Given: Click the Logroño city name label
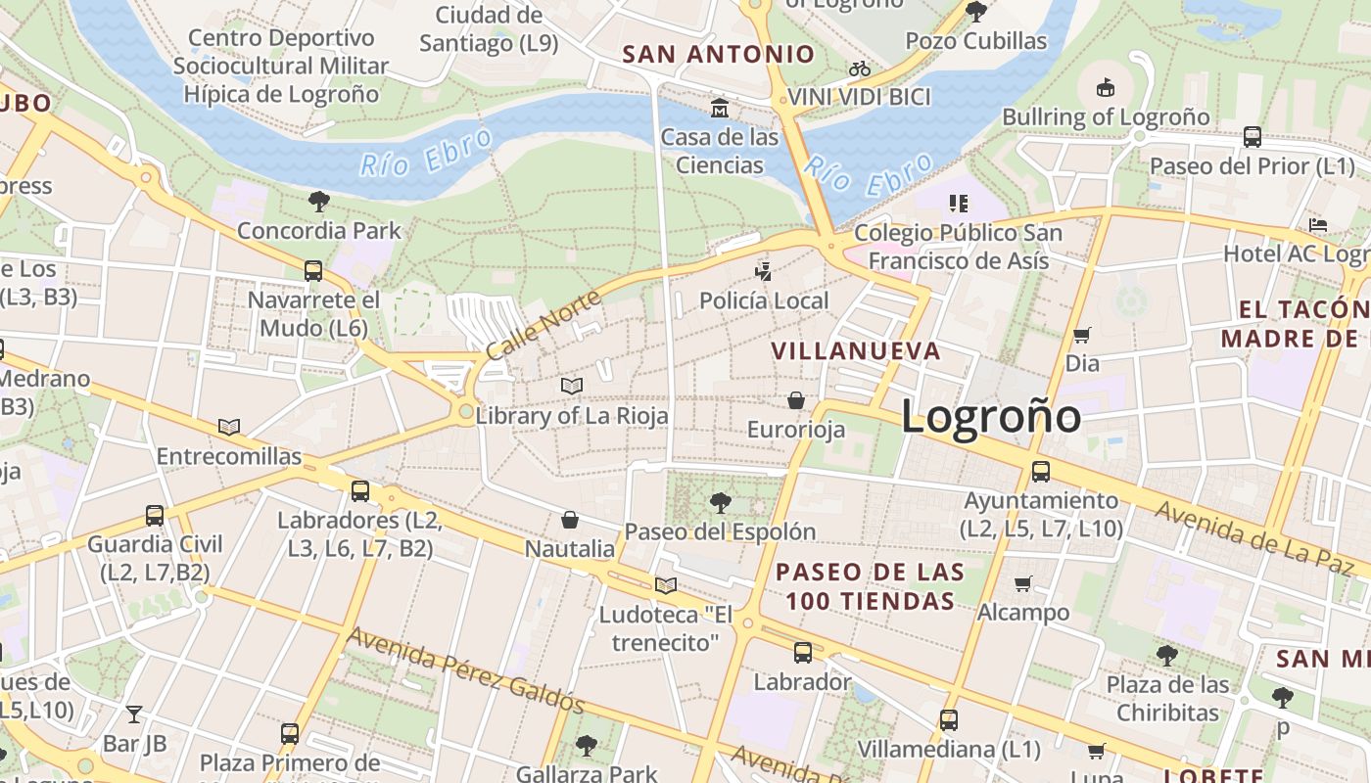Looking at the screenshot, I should click(x=990, y=416).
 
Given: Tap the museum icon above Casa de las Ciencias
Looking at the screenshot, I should click(x=720, y=107).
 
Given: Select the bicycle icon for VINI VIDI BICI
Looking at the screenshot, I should click(x=860, y=69).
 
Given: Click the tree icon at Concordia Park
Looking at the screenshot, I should click(x=318, y=202).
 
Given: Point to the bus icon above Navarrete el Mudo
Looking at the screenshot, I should click(x=313, y=270).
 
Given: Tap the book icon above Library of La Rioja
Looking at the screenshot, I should click(x=572, y=386).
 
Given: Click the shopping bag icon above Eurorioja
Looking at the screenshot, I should click(x=796, y=400).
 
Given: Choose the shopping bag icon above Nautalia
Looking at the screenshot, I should click(x=570, y=519).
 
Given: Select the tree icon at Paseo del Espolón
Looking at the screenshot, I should click(x=720, y=503).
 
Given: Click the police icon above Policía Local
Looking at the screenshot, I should click(x=764, y=271).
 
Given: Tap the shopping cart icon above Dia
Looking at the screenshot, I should click(x=1082, y=335).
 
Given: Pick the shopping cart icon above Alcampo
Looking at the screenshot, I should click(x=1023, y=583).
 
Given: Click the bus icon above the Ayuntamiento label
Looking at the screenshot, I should click(x=1041, y=471).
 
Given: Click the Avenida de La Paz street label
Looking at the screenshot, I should click(x=1259, y=537).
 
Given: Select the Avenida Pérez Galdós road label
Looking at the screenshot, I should click(x=466, y=670).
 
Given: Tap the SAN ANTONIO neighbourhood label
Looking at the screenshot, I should click(x=719, y=54).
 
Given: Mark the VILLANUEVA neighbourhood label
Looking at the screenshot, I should click(x=855, y=350).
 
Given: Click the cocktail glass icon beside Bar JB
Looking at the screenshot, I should click(x=134, y=714).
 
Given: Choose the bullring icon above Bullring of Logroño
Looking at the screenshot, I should click(x=1106, y=88).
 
